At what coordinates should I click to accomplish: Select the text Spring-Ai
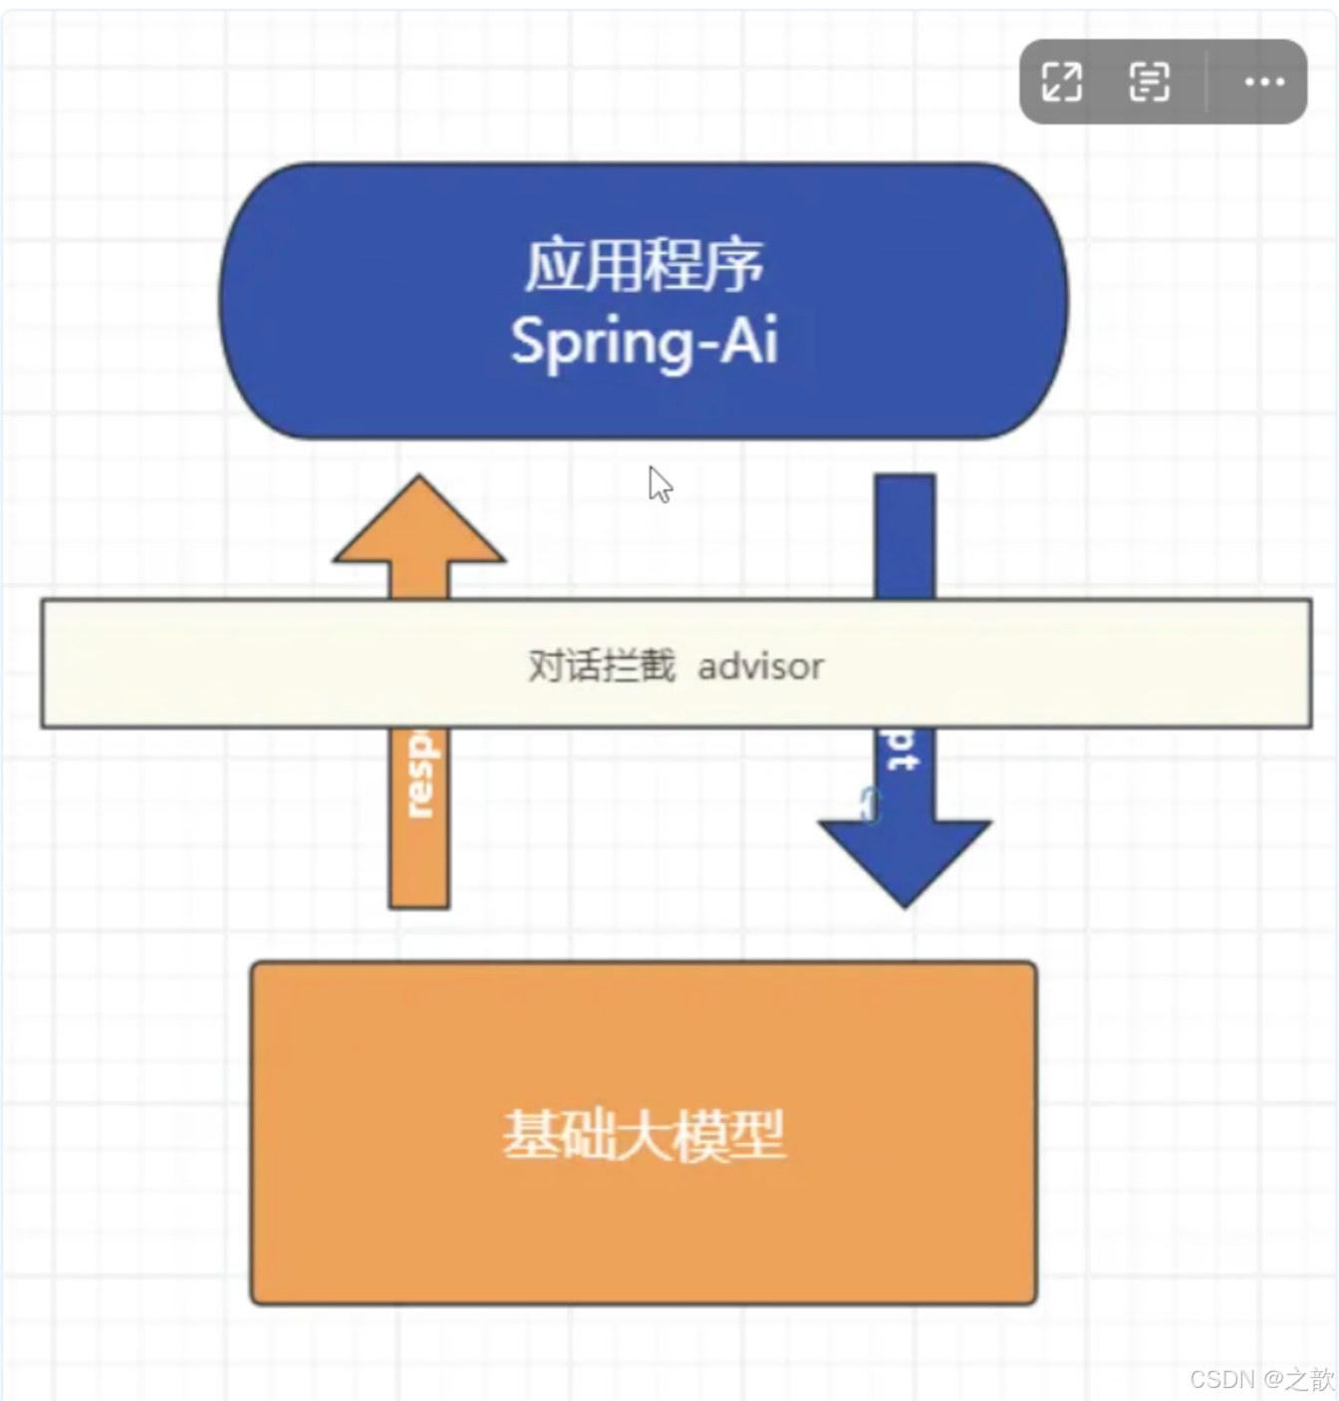tap(644, 341)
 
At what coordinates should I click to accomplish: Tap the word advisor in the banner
tap(760, 666)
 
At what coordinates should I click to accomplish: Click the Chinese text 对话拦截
tap(601, 666)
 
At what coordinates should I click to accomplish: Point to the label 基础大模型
tap(644, 1135)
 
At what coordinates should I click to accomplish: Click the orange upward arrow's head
tap(419, 523)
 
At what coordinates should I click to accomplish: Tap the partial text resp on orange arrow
tap(420, 774)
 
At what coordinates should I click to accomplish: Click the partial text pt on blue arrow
tap(902, 750)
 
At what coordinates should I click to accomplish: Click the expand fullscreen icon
tap(1062, 82)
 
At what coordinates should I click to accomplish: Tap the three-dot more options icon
tap(1263, 82)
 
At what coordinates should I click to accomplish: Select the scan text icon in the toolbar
tap(1149, 82)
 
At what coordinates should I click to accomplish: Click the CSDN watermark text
tap(1260, 1378)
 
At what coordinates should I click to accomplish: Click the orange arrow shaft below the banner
tap(419, 857)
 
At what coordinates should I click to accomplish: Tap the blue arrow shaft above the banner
tap(905, 536)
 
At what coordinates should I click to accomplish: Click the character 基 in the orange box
tap(530, 1135)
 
